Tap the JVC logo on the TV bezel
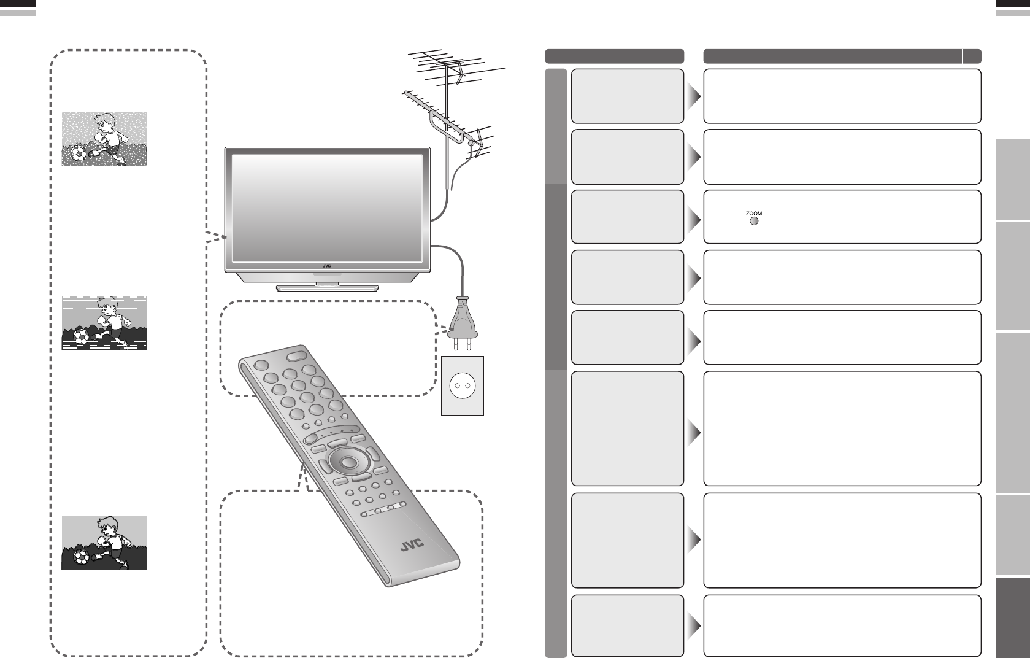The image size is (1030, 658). tap(326, 266)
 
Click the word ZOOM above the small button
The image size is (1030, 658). tap(754, 213)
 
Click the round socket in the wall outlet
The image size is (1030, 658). tap(462, 386)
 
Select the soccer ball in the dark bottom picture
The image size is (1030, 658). tap(81, 557)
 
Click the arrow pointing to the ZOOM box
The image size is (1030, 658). tap(694, 218)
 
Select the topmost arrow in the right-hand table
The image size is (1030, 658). tap(694, 97)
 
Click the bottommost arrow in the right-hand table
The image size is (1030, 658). tap(694, 627)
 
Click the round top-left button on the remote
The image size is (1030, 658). tap(261, 364)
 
